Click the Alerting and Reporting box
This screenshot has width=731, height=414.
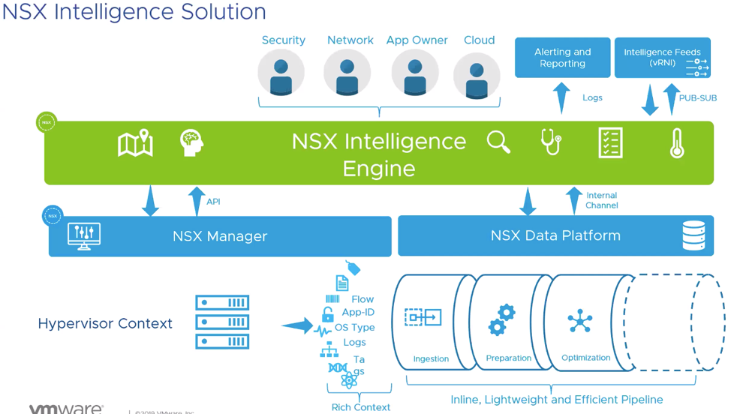tap(562, 58)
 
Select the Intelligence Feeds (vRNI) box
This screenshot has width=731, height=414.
tap(662, 58)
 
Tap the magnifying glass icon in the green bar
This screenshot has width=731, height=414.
tap(498, 142)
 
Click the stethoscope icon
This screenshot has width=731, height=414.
tap(552, 142)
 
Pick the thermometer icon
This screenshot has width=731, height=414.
tap(677, 142)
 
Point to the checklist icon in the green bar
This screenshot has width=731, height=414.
tap(610, 142)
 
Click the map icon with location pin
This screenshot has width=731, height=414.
tap(135, 143)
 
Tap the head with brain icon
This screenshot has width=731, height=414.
tap(191, 142)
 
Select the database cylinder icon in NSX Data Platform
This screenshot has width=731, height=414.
tap(693, 235)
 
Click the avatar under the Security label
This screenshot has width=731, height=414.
tap(281, 73)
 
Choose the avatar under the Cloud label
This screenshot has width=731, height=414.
tap(477, 76)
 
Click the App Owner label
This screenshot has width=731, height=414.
tap(417, 40)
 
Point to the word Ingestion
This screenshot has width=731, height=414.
tap(431, 358)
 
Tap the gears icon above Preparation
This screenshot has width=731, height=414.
tap(501, 319)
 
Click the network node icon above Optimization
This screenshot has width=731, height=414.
tap(580, 321)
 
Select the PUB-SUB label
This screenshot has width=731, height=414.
tap(697, 98)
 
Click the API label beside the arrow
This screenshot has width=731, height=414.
tap(213, 202)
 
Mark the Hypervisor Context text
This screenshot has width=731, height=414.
tap(105, 323)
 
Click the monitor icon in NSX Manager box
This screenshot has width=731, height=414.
tap(84, 235)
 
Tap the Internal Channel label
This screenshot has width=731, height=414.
tap(602, 200)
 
